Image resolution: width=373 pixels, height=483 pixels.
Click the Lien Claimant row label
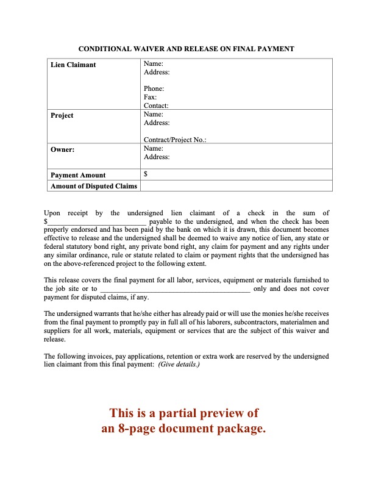tap(73, 65)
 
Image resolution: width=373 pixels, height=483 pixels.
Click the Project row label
tap(62, 115)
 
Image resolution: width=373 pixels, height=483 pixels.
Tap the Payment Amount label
tap(78, 175)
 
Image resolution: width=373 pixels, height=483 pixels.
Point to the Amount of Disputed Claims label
tap(94, 186)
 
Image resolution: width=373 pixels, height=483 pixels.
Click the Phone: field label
tap(154, 89)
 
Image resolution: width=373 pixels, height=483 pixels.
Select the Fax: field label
tap(150, 97)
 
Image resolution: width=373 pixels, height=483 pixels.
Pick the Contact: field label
tap(156, 106)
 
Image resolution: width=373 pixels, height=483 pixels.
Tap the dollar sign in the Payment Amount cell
tap(145, 174)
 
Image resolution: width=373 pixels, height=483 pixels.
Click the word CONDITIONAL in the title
tap(108, 48)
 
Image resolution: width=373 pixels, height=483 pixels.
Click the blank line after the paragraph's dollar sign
tap(98, 222)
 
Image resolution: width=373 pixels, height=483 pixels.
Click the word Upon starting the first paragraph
tap(54, 213)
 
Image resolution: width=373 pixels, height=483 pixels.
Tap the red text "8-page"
tap(156, 429)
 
